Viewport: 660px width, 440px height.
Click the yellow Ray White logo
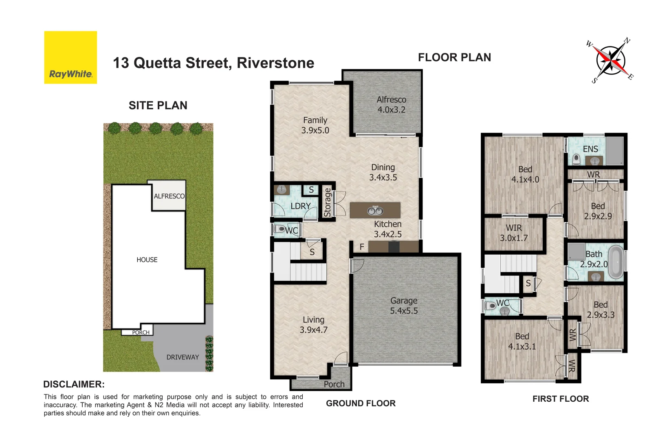[x=70, y=57]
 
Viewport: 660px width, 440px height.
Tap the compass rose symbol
[x=610, y=61]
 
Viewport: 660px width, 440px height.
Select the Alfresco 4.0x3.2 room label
[x=391, y=105]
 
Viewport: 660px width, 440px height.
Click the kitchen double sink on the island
[x=375, y=211]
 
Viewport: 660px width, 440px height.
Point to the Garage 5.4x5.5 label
[x=404, y=306]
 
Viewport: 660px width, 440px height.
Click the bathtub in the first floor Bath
[x=616, y=261]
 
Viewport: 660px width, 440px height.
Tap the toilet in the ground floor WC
[x=280, y=229]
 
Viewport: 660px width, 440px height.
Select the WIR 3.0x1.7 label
[x=514, y=233]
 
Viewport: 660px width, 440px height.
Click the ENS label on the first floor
[x=590, y=149]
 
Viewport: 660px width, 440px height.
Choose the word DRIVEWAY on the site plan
[x=183, y=357]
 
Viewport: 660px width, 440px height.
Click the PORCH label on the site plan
[x=141, y=332]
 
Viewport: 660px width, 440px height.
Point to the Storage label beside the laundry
[x=327, y=202]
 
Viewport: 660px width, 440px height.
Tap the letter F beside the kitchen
[x=362, y=247]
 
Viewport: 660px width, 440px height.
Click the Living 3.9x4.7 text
[x=313, y=325]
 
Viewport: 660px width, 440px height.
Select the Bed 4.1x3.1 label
[x=522, y=341]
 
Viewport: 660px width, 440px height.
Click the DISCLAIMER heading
[x=74, y=384]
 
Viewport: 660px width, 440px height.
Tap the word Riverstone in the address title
[x=275, y=63]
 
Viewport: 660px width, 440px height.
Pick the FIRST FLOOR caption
[x=561, y=399]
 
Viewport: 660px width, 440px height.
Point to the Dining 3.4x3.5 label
[x=383, y=172]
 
